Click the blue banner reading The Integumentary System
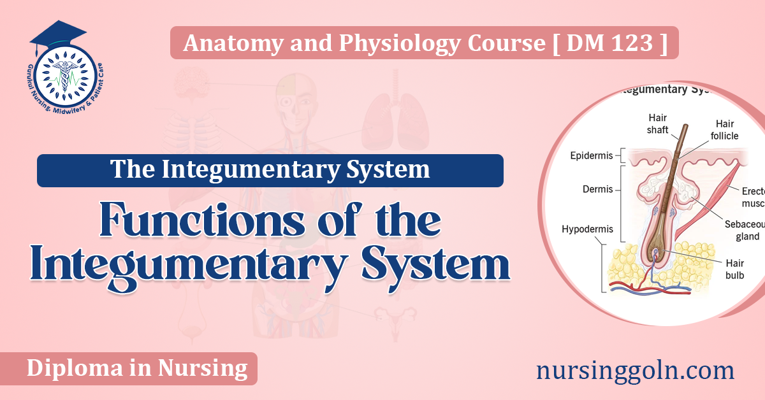pyautogui.click(x=270, y=170)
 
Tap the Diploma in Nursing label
pyautogui.click(x=137, y=368)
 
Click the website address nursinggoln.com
pyautogui.click(x=635, y=370)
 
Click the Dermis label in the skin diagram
pyautogui.click(x=597, y=189)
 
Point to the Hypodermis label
pyautogui.click(x=587, y=228)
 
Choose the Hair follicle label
pyautogui.click(x=725, y=129)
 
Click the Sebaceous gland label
pyautogui.click(x=743, y=231)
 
